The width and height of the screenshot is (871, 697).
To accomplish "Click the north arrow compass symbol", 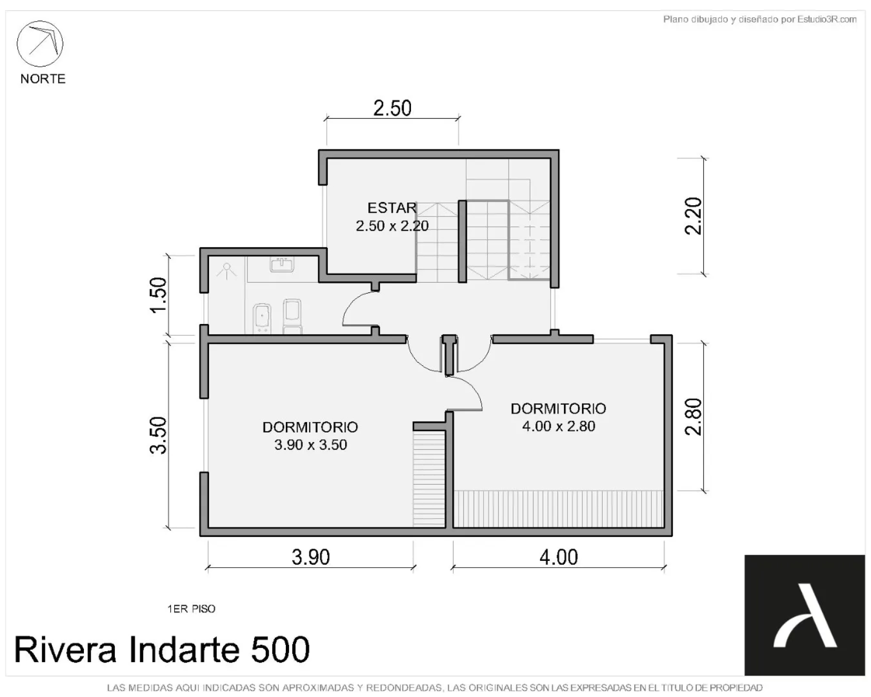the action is (x=40, y=44).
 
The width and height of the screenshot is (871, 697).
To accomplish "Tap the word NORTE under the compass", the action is (x=43, y=79).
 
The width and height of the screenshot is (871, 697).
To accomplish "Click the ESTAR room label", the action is (x=392, y=208).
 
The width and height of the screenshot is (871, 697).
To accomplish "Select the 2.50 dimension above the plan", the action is (x=392, y=108).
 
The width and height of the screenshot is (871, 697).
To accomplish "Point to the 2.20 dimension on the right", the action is (x=693, y=216).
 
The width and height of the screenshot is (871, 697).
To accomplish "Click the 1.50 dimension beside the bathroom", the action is (x=158, y=295).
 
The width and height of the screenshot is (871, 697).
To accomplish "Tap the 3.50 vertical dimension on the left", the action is (x=158, y=436).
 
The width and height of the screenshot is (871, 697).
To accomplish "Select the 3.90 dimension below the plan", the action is (x=311, y=557).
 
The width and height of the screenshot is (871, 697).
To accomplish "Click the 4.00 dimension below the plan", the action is (x=559, y=557).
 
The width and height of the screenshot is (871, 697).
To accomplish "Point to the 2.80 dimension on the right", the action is (x=693, y=417).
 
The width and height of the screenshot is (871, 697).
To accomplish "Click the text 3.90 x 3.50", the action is (x=311, y=445).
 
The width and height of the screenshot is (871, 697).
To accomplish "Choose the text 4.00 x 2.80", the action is (x=559, y=426).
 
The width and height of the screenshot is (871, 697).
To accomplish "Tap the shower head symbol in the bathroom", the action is (x=226, y=271).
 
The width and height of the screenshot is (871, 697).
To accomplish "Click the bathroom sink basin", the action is (x=282, y=265).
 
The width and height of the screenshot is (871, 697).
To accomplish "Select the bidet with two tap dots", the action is (x=262, y=318).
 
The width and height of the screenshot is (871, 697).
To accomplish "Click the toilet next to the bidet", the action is (x=292, y=316).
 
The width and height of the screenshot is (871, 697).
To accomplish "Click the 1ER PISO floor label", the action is (x=191, y=609).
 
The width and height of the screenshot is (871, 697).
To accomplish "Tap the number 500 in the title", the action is (x=280, y=650).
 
